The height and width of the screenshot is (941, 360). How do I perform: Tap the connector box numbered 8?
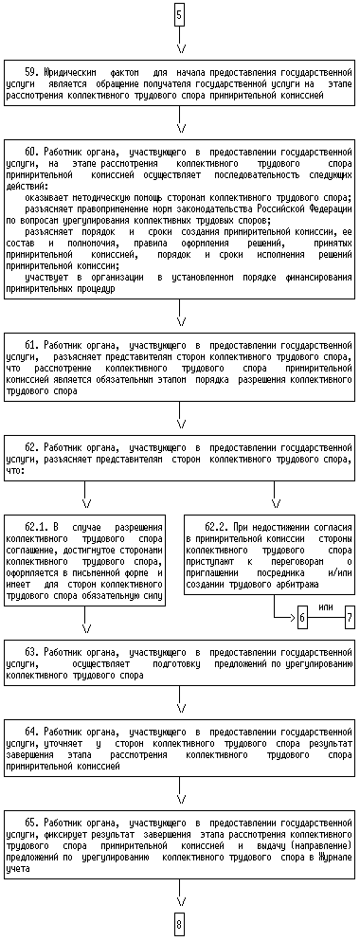179,925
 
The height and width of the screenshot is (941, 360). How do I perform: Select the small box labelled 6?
302,616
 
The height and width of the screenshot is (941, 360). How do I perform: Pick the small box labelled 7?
350,616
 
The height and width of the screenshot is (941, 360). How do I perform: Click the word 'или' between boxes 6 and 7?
326,607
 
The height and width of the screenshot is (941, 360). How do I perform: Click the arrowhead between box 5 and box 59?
179,48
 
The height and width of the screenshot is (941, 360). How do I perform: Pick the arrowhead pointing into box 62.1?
86,502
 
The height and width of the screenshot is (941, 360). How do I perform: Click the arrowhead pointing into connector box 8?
179,902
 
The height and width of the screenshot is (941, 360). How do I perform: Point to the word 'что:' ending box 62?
15,470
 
